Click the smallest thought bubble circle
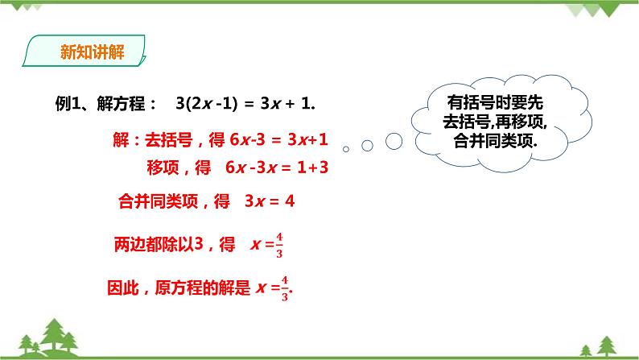tap(346, 149)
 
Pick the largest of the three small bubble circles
tap(394, 141)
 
